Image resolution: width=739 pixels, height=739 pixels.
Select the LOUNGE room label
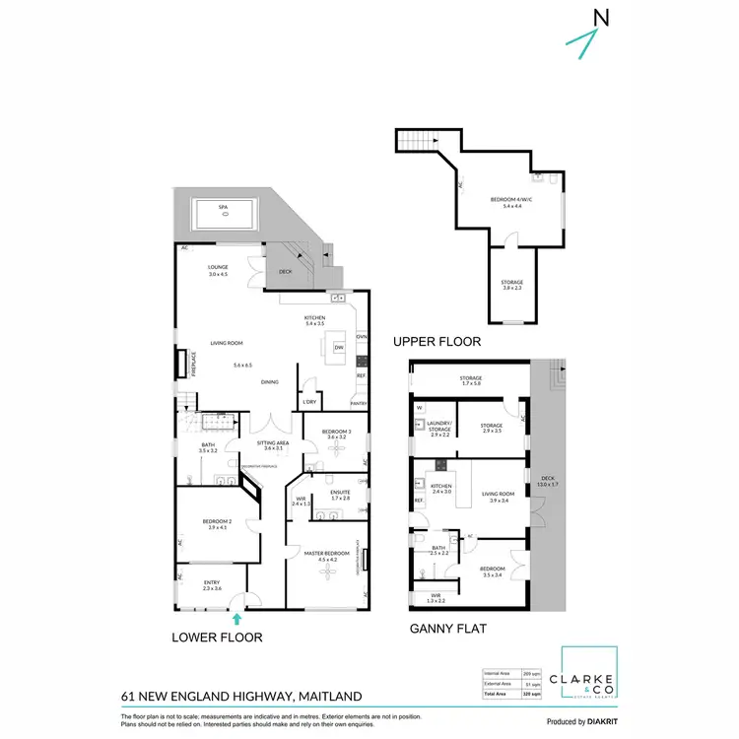click(218, 270)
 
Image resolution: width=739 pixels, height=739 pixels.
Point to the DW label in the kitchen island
click(338, 348)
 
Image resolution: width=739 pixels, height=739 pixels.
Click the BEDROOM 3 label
click(336, 431)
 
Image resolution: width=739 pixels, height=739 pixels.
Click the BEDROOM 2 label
click(218, 524)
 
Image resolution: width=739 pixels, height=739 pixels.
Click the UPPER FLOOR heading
click(437, 342)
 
